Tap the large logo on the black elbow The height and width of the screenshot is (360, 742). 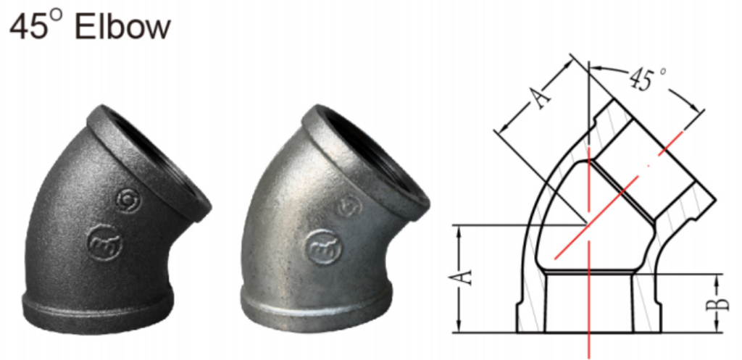[102, 242]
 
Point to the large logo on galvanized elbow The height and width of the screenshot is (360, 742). [321, 246]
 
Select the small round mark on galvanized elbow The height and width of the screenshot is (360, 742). [350, 206]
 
